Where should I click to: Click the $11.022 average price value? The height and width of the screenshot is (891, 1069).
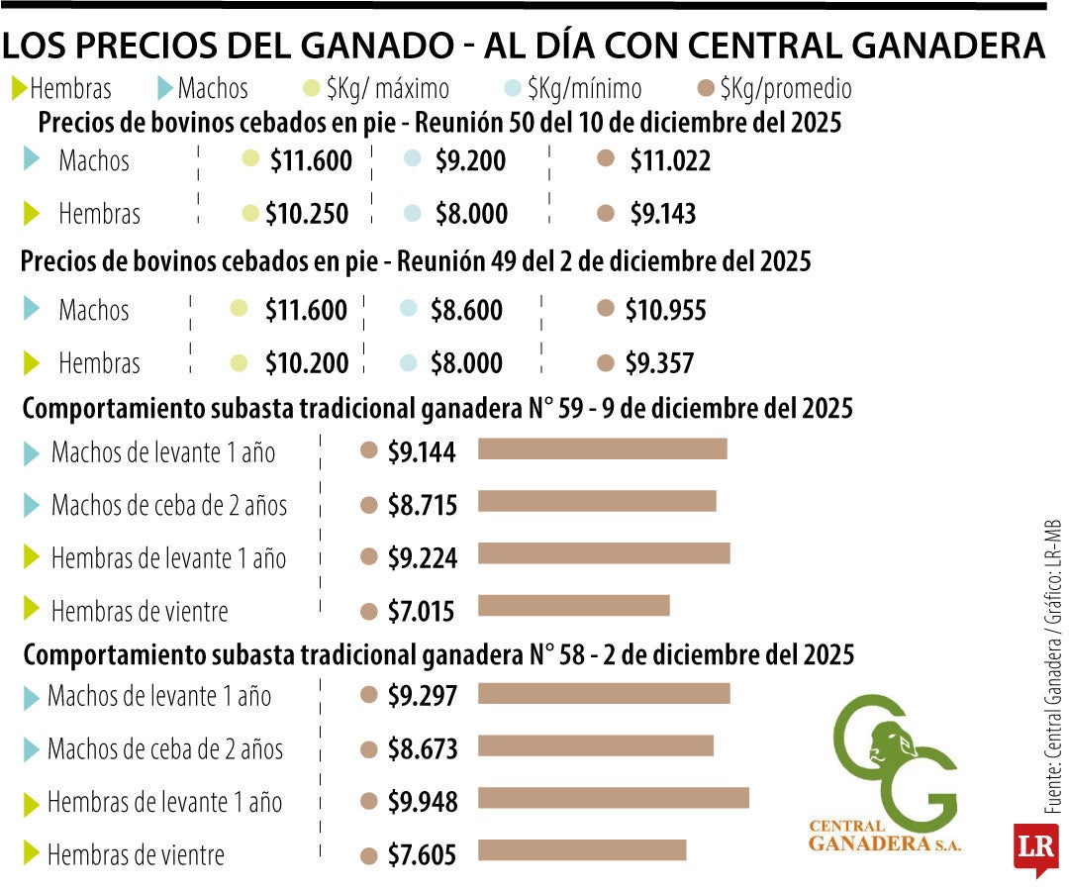(670, 160)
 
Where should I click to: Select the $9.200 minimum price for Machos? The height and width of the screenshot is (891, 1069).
(470, 160)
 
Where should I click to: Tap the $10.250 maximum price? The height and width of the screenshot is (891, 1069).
(308, 213)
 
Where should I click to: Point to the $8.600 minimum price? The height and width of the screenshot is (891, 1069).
(466, 311)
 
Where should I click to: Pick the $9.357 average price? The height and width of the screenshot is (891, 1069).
(659, 363)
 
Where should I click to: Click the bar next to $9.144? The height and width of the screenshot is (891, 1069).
(602, 449)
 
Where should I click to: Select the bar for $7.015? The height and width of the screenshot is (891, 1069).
(573, 605)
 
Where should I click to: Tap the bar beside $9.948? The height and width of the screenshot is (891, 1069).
(613, 798)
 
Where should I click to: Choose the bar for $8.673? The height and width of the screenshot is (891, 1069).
(595, 745)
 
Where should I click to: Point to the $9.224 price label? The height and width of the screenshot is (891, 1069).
(422, 558)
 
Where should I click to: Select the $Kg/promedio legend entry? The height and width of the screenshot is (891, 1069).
(775, 89)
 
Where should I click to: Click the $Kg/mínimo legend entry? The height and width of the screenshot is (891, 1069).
(573, 89)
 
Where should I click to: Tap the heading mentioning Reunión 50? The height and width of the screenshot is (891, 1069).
(439, 124)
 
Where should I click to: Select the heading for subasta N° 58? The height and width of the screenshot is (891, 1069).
(438, 654)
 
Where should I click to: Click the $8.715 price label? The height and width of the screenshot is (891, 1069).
(422, 506)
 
